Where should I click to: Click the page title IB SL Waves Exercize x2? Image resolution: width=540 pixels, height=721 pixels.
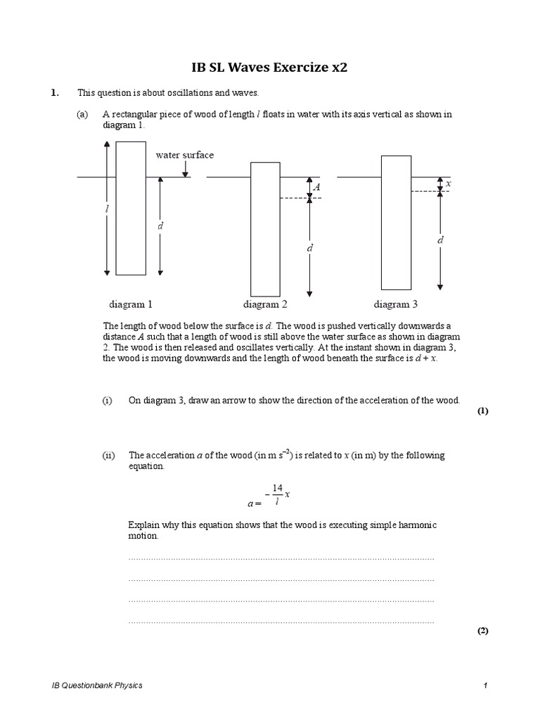pos(270,68)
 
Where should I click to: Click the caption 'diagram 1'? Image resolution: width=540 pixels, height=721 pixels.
pos(130,304)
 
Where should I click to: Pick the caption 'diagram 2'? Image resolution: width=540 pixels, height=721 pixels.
pos(265,304)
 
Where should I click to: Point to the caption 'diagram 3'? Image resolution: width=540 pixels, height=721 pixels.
pos(395,304)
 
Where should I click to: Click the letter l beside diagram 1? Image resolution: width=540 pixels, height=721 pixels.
pos(99,209)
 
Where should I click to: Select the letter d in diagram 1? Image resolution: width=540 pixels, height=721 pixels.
pos(160,226)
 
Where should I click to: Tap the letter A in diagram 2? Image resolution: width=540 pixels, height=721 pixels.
pos(316,187)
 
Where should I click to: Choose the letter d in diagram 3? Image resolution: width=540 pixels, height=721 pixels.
pos(440,240)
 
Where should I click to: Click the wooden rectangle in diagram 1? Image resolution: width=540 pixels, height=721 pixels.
pos(131,208)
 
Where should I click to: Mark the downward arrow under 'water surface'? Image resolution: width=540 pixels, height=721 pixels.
pos(184,169)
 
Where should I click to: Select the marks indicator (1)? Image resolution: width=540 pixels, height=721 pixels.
pos(482,412)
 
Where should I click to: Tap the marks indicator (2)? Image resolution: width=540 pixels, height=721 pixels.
pos(482,631)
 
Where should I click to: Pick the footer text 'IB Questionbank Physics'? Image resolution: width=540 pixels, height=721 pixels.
pos(97,685)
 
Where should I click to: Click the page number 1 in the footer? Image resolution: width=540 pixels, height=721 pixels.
pos(485,685)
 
